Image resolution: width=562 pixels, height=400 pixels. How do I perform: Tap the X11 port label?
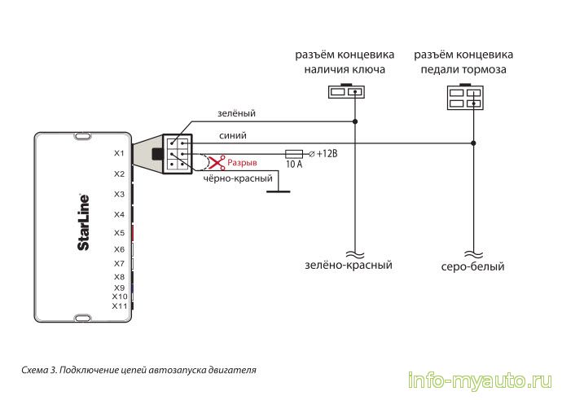[x=119, y=306]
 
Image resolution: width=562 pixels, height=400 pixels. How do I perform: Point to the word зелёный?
[x=235, y=115]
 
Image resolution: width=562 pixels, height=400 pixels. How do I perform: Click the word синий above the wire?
[x=232, y=135]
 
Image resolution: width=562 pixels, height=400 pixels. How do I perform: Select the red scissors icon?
[x=216, y=162]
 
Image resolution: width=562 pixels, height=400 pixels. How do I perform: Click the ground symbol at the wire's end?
[x=279, y=192]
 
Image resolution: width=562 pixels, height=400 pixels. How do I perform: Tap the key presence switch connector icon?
[x=345, y=92]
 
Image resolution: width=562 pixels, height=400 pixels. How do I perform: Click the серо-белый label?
[x=473, y=266]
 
